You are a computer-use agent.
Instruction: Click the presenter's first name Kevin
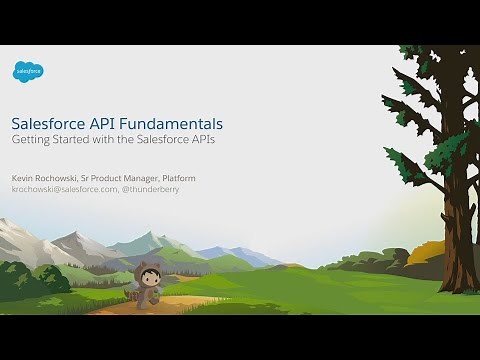click(22, 177)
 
